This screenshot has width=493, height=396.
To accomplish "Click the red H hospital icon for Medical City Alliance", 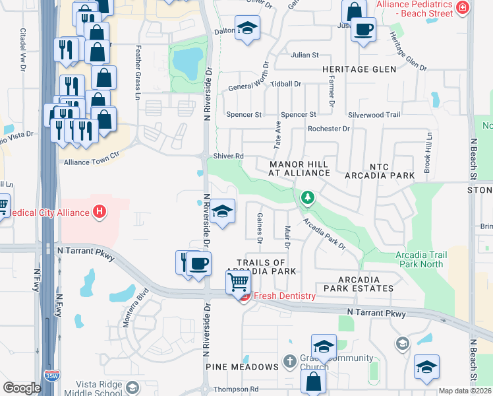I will (x=100, y=212).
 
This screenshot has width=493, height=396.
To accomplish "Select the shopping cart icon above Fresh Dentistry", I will (x=238, y=282).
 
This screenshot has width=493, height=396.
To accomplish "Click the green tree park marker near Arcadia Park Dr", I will (x=307, y=197).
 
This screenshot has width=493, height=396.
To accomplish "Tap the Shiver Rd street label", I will (x=229, y=156).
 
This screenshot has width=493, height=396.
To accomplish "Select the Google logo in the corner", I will (x=22, y=388).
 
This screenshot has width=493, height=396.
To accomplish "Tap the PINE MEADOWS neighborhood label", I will (x=242, y=367).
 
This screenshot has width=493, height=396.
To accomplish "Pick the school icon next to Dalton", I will (x=247, y=28).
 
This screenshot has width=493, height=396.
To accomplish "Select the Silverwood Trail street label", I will (x=374, y=115).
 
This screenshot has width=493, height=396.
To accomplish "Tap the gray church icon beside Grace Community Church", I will (x=289, y=361).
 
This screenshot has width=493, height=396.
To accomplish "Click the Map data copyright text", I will (x=465, y=391).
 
